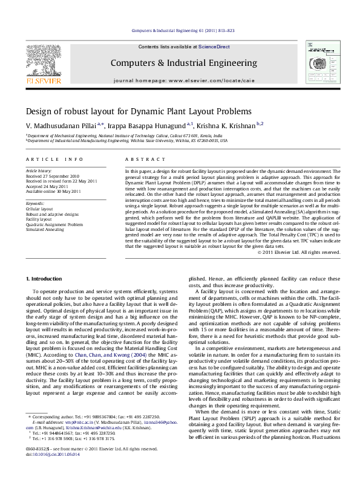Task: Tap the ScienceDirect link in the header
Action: [x=209, y=47]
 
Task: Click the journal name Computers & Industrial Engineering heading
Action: [x=183, y=63]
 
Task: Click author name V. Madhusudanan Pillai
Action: [x=61, y=124]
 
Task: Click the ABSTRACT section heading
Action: [x=140, y=159]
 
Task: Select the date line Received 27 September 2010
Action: [x=54, y=176]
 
